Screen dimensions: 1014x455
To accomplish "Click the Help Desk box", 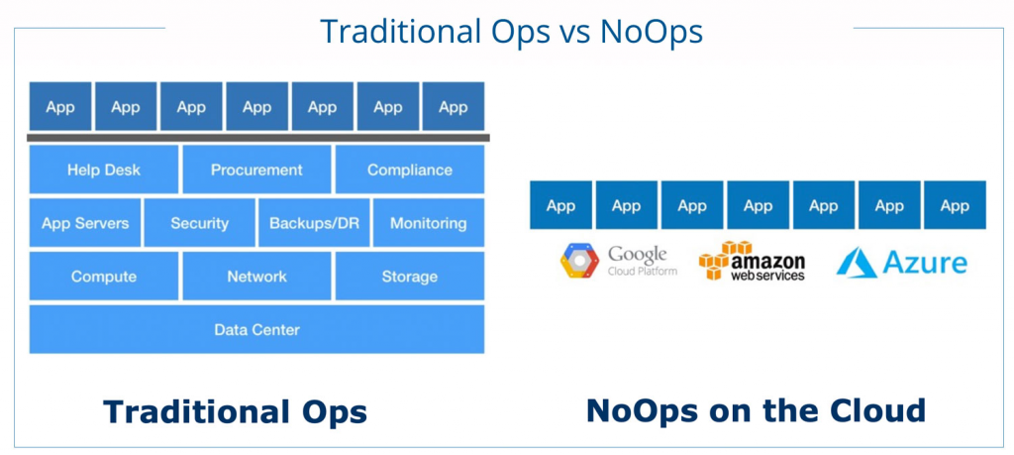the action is click(x=103, y=170).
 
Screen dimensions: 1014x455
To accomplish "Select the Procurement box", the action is click(x=256, y=170).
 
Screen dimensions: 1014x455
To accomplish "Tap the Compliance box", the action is click(x=409, y=170).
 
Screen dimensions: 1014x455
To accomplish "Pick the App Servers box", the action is click(x=85, y=223).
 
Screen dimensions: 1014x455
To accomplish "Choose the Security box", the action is click(x=199, y=223).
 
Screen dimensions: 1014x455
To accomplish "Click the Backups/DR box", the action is click(x=314, y=223).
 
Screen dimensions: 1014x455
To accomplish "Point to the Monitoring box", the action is click(x=429, y=223).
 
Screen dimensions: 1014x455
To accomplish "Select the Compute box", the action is click(x=103, y=277).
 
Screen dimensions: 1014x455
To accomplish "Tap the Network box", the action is click(x=256, y=277).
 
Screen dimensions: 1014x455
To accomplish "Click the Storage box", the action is click(x=409, y=277).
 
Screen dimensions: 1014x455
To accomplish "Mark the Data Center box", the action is click(x=256, y=329).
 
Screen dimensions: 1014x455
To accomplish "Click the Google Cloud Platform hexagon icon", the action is click(x=579, y=260).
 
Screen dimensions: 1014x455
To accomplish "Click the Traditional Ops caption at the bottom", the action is click(x=235, y=411).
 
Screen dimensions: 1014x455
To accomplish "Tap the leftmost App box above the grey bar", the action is click(x=60, y=106).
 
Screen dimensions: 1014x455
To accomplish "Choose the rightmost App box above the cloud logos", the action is click(x=956, y=205).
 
